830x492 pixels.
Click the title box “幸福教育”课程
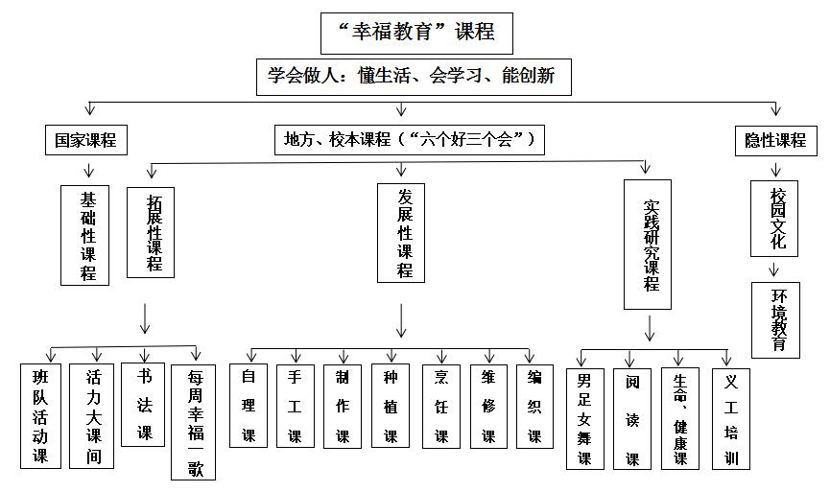tap(416, 33)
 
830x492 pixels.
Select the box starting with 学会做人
tap(414, 76)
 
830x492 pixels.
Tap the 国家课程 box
tap(85, 140)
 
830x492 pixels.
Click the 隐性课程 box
tap(775, 140)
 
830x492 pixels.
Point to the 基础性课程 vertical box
tap(88, 234)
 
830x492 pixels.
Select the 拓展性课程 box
tap(151, 231)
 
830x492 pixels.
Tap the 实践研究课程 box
tap(648, 244)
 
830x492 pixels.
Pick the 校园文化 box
tap(776, 217)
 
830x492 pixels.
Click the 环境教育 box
tap(775, 318)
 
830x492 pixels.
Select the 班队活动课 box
tap(41, 414)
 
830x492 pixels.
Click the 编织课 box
tap(534, 405)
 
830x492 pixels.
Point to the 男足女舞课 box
tap(584, 417)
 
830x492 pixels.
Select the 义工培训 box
tap(731, 417)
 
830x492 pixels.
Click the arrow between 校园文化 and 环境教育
tap(775, 269)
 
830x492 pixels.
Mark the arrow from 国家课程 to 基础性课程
tap(87, 170)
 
